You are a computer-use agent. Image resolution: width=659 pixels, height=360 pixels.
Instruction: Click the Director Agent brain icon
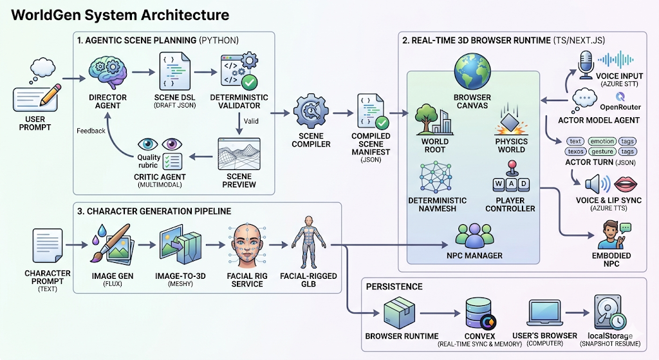pos(107,73)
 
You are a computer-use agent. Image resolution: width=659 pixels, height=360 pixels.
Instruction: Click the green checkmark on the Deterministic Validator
pos(250,82)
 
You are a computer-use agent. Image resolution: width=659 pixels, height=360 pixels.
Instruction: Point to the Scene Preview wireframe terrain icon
pos(239,154)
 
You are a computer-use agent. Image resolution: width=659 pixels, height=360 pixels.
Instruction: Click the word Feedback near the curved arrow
pos(91,131)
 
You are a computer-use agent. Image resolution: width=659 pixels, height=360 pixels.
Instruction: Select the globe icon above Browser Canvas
pos(472,71)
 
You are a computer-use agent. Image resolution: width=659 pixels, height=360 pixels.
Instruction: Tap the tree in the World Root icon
pos(425,119)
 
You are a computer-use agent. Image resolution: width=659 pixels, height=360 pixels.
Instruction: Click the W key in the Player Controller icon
pos(499,184)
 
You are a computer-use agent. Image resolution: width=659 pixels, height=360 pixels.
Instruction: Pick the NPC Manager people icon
pos(474,236)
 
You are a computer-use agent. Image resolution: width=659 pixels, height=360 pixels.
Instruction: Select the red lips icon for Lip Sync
pos(626,184)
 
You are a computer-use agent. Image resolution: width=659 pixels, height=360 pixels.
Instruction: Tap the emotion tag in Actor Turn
pos(602,141)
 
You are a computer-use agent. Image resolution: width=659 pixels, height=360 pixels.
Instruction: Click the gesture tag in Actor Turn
pos(602,151)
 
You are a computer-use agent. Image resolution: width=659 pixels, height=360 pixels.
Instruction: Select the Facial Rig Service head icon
pos(246,245)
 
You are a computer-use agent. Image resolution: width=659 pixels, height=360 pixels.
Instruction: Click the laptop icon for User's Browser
pos(544,314)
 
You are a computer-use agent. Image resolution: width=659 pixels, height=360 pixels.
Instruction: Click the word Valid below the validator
pos(251,121)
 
